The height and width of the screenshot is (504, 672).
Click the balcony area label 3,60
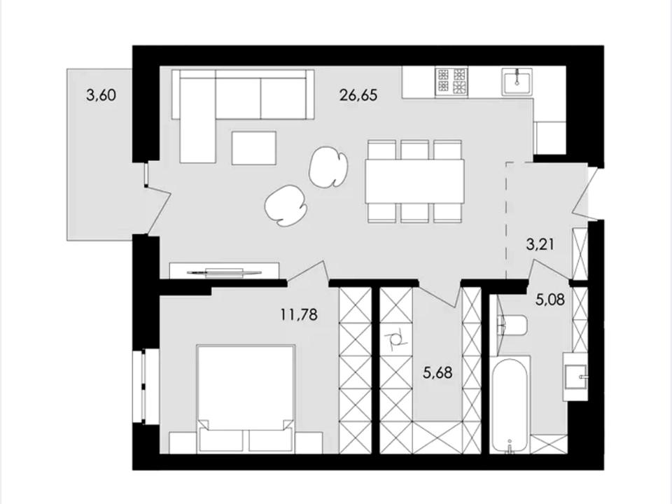(x=101, y=94)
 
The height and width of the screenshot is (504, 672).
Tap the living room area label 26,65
(x=358, y=94)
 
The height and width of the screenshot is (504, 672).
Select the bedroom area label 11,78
(x=299, y=314)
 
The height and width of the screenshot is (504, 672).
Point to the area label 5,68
(x=437, y=372)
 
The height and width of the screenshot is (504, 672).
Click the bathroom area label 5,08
(x=550, y=299)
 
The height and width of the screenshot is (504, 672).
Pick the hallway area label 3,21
(x=540, y=245)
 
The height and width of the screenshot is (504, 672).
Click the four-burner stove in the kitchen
(x=451, y=81)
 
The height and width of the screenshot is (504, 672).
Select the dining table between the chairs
(x=415, y=181)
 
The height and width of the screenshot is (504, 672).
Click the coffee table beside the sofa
(x=253, y=148)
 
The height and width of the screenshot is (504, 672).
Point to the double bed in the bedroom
(x=246, y=398)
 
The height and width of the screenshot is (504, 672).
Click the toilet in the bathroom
(x=513, y=325)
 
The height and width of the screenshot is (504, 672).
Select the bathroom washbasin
(x=575, y=377)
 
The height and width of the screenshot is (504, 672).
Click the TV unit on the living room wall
(x=224, y=270)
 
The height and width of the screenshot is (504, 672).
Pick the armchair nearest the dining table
(x=328, y=167)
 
